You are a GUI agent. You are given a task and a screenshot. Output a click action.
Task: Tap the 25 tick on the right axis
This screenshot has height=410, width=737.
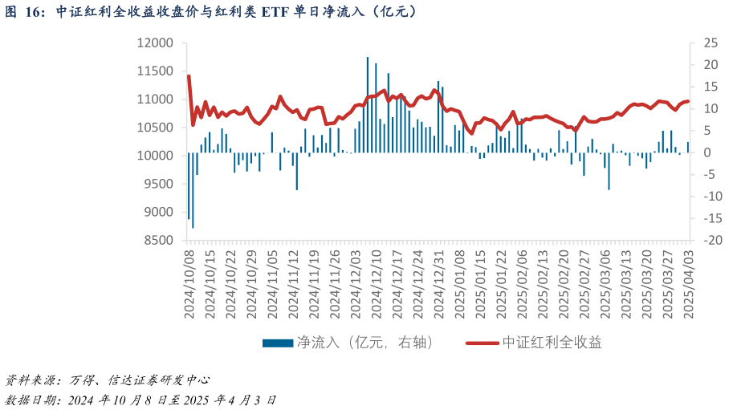[x=710, y=43]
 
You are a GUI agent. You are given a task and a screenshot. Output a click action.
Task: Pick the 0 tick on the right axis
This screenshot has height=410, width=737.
[x=706, y=152]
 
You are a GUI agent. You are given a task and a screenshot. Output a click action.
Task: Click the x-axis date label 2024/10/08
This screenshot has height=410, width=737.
[x=189, y=284]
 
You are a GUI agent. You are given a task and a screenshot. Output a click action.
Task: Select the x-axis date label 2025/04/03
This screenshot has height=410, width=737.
[x=688, y=284]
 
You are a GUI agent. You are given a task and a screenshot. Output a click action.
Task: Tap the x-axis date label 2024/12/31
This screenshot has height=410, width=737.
[x=438, y=284]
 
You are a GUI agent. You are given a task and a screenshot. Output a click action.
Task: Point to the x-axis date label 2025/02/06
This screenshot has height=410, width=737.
[x=522, y=284]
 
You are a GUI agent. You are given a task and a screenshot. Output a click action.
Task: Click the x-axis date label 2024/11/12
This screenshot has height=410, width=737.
[x=293, y=284]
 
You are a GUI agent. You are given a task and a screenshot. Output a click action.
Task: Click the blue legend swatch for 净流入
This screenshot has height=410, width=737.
[x=278, y=343]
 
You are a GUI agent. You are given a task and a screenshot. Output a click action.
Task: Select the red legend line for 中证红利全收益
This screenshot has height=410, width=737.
[x=482, y=343]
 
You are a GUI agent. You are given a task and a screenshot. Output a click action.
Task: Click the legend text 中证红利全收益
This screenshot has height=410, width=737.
[x=552, y=343]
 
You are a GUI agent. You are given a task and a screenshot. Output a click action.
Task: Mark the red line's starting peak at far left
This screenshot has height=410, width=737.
[x=189, y=76]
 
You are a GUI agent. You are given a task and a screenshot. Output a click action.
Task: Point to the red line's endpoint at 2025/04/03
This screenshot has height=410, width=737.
[x=688, y=101]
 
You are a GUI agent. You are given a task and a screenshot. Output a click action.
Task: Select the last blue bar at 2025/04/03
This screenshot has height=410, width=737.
[x=688, y=148]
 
